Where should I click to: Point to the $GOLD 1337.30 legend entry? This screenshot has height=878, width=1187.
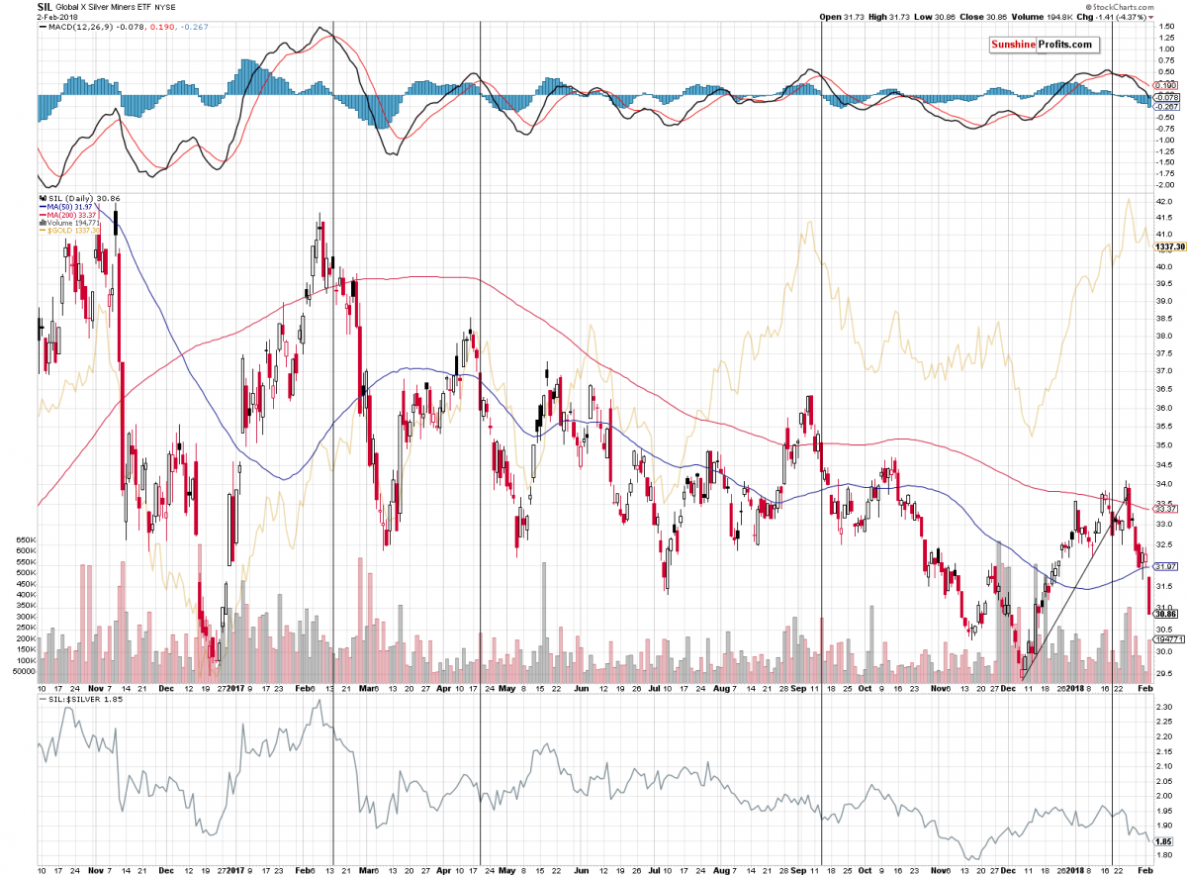click(69, 231)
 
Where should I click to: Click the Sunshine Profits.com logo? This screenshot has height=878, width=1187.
click(1044, 46)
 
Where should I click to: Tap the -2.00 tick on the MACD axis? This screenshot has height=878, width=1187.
click(1165, 184)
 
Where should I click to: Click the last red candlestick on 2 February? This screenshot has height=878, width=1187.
click(1148, 596)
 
